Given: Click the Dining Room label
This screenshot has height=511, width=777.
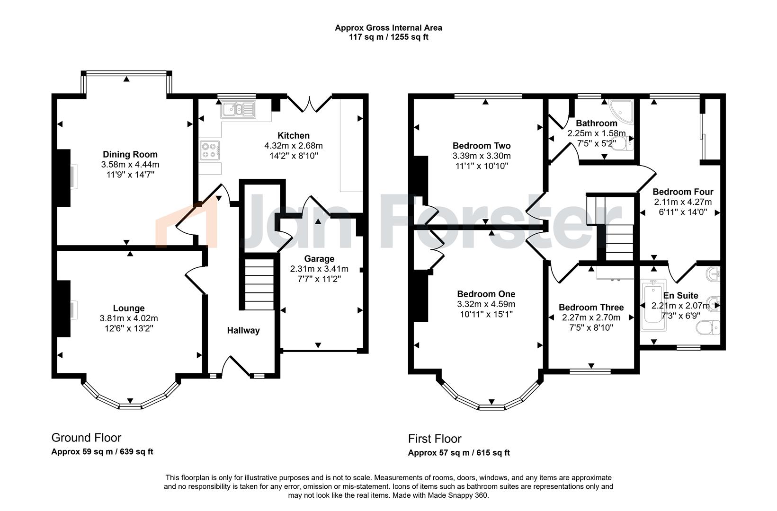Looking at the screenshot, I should (x=130, y=154).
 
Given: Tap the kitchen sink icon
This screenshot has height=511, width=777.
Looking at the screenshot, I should (x=237, y=109).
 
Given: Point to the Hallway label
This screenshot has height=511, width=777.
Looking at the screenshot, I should (x=243, y=330).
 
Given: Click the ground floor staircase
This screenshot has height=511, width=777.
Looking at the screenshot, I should (x=259, y=284).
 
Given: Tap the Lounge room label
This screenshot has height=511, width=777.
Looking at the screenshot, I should (x=129, y=308).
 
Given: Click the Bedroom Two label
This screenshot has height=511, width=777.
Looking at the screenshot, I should (x=482, y=146).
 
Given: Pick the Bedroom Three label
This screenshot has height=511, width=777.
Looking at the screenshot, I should (x=591, y=307).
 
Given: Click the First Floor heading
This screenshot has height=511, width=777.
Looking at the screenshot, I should (x=434, y=439).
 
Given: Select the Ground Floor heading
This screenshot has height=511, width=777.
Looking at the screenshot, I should (x=86, y=438).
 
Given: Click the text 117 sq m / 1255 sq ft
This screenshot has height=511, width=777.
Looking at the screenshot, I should (x=388, y=37).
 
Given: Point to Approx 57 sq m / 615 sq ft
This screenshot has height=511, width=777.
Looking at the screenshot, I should (x=459, y=453).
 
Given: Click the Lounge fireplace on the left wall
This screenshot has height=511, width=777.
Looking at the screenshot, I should (x=65, y=308).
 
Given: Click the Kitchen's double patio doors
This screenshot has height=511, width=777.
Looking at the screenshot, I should (x=310, y=104).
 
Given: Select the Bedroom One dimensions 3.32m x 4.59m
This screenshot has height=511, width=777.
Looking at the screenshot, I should (x=486, y=304).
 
